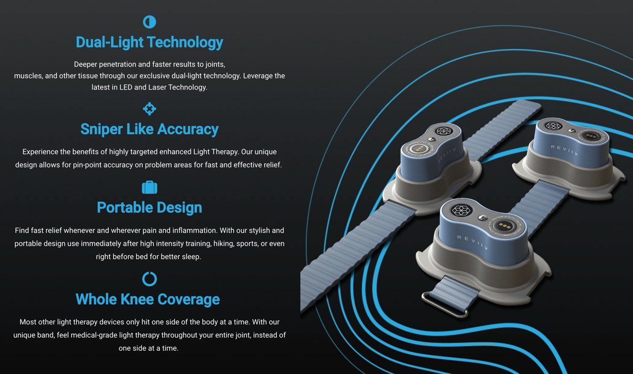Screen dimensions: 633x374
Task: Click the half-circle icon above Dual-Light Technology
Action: [x=149, y=22]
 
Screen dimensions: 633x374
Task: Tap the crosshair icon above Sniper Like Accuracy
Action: [x=149, y=109]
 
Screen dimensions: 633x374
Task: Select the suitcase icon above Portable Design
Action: [x=149, y=187]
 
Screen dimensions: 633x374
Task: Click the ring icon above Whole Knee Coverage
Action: [x=149, y=279]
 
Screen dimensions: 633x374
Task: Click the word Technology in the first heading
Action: [x=185, y=43]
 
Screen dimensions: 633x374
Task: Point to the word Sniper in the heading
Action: [x=102, y=129]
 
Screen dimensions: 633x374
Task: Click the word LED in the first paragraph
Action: [x=126, y=87]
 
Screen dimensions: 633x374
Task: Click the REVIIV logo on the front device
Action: [x=472, y=242]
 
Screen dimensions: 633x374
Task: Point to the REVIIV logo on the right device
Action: [x=564, y=150]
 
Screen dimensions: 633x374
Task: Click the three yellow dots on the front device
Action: [x=504, y=226]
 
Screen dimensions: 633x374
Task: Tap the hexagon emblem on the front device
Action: [x=461, y=210]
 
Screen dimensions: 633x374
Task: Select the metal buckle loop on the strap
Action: [x=445, y=305]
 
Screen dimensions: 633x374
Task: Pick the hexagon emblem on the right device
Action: [x=553, y=126]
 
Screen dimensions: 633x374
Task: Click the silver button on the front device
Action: [x=483, y=218]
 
